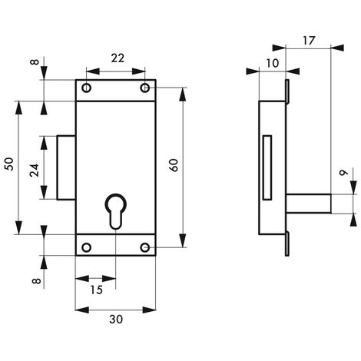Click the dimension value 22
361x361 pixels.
coord(118,58)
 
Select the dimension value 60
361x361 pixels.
coord(174,165)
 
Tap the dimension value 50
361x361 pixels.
coord(9,164)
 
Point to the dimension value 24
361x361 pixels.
coord(35,171)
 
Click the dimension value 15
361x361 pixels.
coord(97,290)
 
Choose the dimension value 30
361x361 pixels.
coord(116,320)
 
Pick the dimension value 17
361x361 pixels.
coord(309,41)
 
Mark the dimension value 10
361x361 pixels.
coord(272,63)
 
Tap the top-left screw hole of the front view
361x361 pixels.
coord(87,88)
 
